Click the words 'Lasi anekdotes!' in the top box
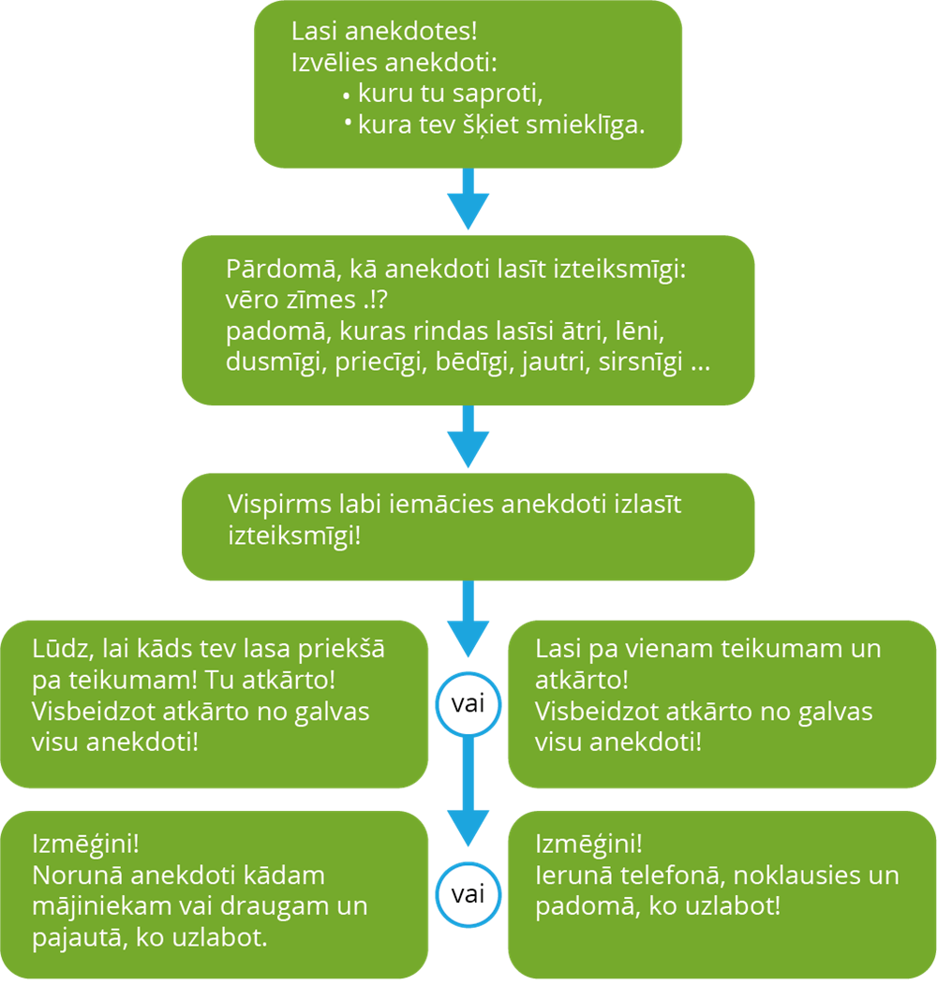click(x=384, y=32)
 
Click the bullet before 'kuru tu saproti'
click(x=347, y=96)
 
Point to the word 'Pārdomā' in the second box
click(x=274, y=270)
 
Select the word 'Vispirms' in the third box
click(x=275, y=504)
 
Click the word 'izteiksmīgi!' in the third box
click(x=293, y=537)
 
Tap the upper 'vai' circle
click(x=468, y=703)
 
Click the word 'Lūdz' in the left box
click(x=57, y=650)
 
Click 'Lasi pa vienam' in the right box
click(x=610, y=649)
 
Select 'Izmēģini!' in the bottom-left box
click(x=85, y=843)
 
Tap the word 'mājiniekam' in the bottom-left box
click(x=99, y=906)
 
